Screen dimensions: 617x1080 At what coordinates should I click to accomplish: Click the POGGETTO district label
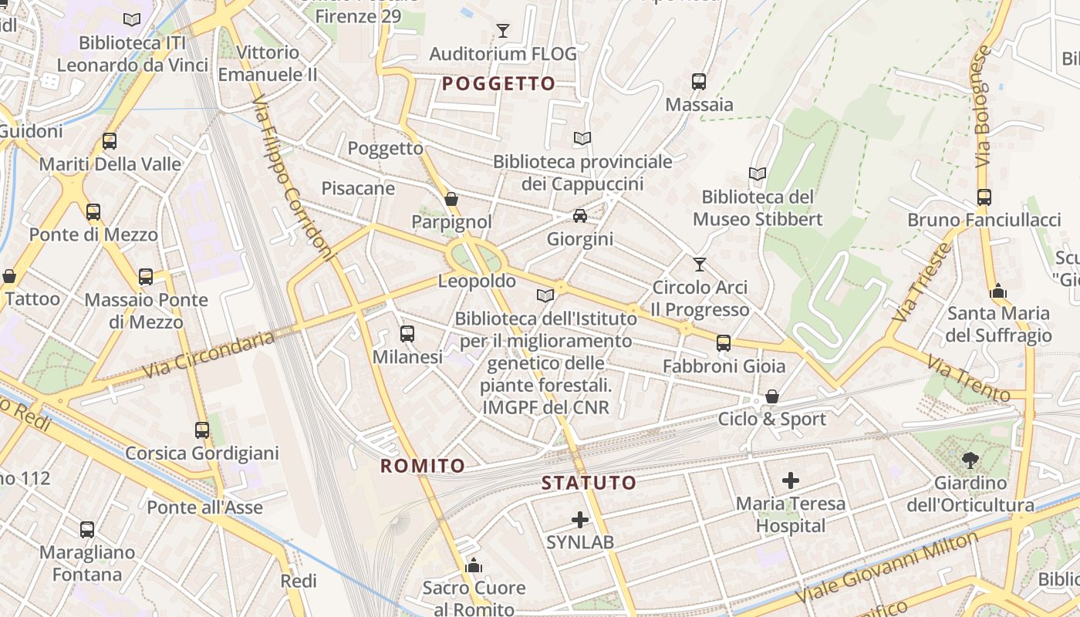[x=498, y=83]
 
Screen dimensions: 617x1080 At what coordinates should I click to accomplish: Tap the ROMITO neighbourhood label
[x=423, y=466]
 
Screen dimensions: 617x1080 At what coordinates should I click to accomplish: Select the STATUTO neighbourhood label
[x=589, y=484]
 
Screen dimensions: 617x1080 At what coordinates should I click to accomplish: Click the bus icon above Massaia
[x=699, y=81]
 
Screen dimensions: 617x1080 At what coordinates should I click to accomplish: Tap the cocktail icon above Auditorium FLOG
[x=503, y=31]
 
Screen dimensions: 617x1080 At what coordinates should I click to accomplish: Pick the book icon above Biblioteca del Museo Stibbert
[x=758, y=174]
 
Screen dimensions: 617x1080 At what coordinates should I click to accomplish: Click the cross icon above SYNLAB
[x=580, y=520]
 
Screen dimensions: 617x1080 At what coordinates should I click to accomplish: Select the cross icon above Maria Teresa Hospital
[x=791, y=480]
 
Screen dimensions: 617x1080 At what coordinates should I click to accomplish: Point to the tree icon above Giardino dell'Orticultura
[x=970, y=460]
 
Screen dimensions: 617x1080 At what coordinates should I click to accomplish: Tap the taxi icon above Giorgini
[x=580, y=216]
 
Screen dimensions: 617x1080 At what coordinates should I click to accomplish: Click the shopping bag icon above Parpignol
[x=451, y=199]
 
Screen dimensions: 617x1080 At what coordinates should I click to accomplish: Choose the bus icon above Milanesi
[x=407, y=334]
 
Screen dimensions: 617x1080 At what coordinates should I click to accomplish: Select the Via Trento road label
[x=967, y=379]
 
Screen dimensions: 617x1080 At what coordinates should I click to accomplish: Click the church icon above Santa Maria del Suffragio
[x=998, y=292]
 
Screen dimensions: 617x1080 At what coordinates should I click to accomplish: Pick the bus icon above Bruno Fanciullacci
[x=984, y=197]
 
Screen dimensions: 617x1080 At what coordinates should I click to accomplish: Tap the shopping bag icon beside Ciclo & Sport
[x=771, y=397]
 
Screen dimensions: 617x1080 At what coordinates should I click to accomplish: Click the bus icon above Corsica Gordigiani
[x=202, y=430]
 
